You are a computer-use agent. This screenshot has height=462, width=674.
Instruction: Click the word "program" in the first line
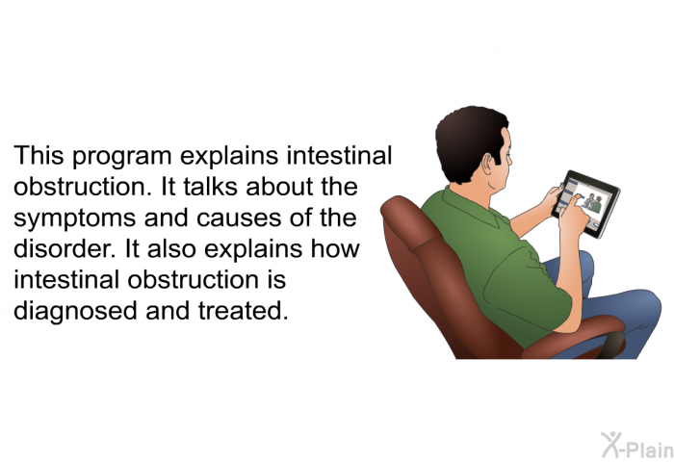click(122, 157)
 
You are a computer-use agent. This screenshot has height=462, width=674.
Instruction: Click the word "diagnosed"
click(76, 312)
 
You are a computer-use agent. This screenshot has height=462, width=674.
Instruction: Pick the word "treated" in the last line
click(244, 310)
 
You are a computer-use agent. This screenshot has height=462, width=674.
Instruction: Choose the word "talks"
click(210, 187)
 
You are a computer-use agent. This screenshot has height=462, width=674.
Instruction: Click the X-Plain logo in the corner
click(637, 446)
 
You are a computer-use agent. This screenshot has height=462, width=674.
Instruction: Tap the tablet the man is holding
click(585, 204)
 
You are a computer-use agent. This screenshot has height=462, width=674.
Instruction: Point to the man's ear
click(488, 166)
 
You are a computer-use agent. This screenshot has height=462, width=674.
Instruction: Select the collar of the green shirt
click(473, 206)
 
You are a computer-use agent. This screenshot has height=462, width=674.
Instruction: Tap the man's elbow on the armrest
click(562, 324)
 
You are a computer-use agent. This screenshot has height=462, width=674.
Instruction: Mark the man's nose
click(510, 159)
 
